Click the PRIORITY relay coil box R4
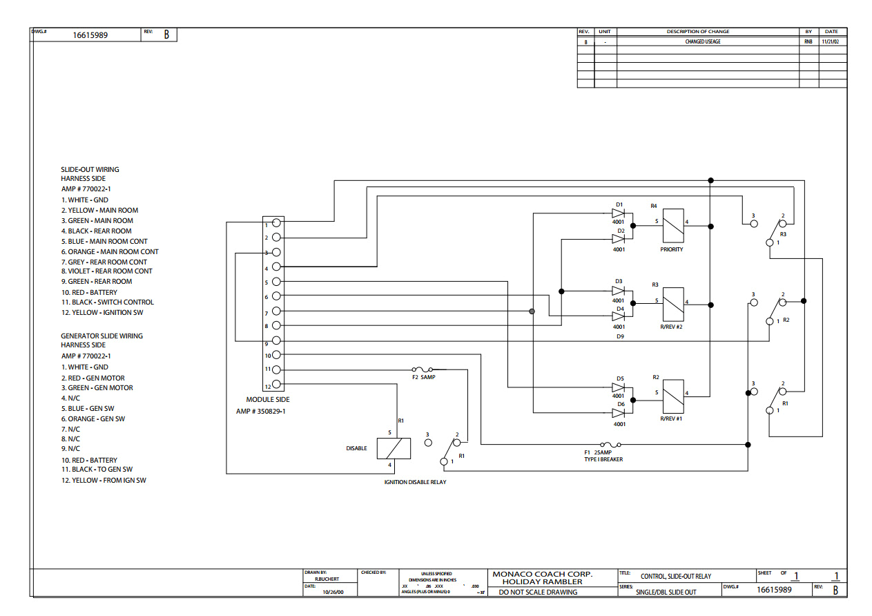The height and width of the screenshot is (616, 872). [x=673, y=225]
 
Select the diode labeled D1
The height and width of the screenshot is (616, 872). [x=618, y=214]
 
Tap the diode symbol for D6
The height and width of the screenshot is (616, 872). [x=618, y=413]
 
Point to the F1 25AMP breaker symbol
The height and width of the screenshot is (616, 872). [x=611, y=445]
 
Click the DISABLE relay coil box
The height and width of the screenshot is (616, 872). [x=394, y=448]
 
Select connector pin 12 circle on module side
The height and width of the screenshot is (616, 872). [x=276, y=385]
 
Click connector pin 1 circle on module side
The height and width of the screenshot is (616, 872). [x=276, y=222]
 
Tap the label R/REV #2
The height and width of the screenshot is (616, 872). [x=671, y=327]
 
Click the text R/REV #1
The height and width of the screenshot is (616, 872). [x=671, y=418]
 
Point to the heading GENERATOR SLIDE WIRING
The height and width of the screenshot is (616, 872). [x=101, y=336]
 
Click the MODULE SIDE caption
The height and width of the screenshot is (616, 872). [x=268, y=400]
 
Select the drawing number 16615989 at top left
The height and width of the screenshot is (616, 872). [x=90, y=35]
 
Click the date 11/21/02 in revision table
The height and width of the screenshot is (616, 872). [x=831, y=41]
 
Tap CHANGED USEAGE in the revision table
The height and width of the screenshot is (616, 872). [x=704, y=41]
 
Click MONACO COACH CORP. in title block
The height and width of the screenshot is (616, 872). [x=542, y=574]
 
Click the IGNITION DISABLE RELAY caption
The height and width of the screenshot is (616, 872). [x=415, y=482]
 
